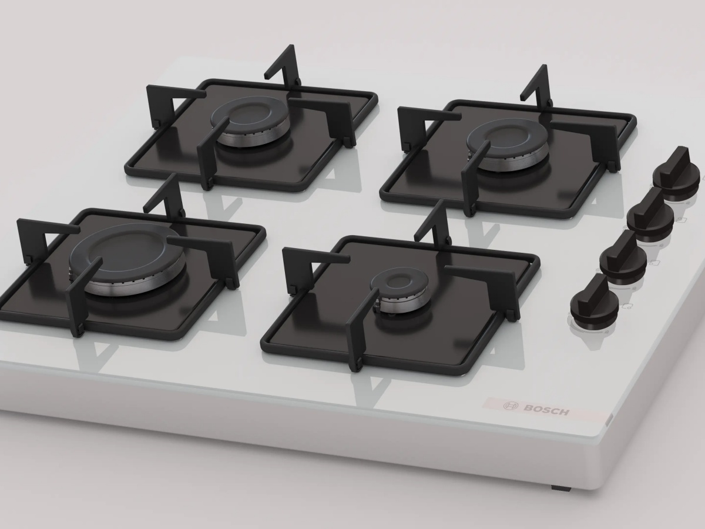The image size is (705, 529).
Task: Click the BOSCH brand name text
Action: click(x=546, y=410)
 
